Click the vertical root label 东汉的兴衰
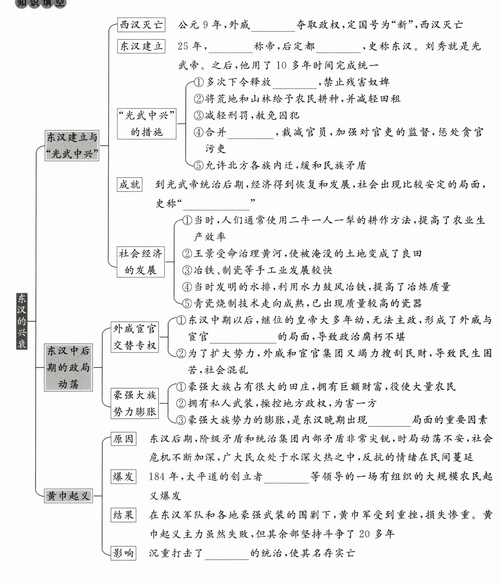tap(22, 321)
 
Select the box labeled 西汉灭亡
tap(141, 25)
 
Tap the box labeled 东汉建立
tap(141, 46)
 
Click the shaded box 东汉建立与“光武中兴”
tap(72, 145)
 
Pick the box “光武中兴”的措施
tap(147, 124)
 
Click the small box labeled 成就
tap(129, 184)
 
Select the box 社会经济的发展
tap(141, 262)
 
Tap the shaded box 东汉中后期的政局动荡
tap(69, 367)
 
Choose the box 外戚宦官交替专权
tap(134, 337)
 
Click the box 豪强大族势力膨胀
tap(134, 403)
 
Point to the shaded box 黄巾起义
tap(69, 496)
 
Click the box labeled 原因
tap(123, 439)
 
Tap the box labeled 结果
tap(123, 515)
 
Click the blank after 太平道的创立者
tap(286, 478)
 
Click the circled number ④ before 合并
tap(199, 132)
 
